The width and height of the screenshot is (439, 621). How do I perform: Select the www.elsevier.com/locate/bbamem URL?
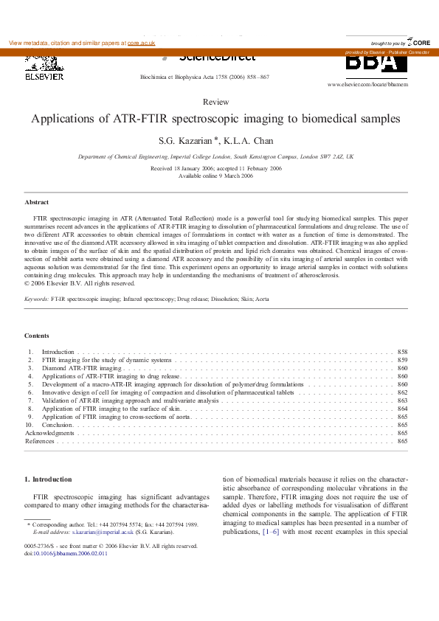pyautogui.click(x=367, y=85)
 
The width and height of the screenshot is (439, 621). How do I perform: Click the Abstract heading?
pyautogui.click(x=37, y=201)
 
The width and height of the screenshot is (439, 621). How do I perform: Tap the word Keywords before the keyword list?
pyautogui.click(x=36, y=299)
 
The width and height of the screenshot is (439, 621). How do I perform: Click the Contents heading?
pyautogui.click(x=37, y=336)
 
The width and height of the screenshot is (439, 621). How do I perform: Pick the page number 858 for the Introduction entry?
pyautogui.click(x=402, y=353)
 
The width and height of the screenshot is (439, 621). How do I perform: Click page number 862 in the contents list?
pyautogui.click(x=402, y=393)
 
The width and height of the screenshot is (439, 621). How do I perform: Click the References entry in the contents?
pyautogui.click(x=40, y=441)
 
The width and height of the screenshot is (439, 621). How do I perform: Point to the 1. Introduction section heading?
pyautogui.click(x=49, y=479)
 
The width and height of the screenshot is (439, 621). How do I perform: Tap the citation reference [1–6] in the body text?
pyautogui.click(x=270, y=531)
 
